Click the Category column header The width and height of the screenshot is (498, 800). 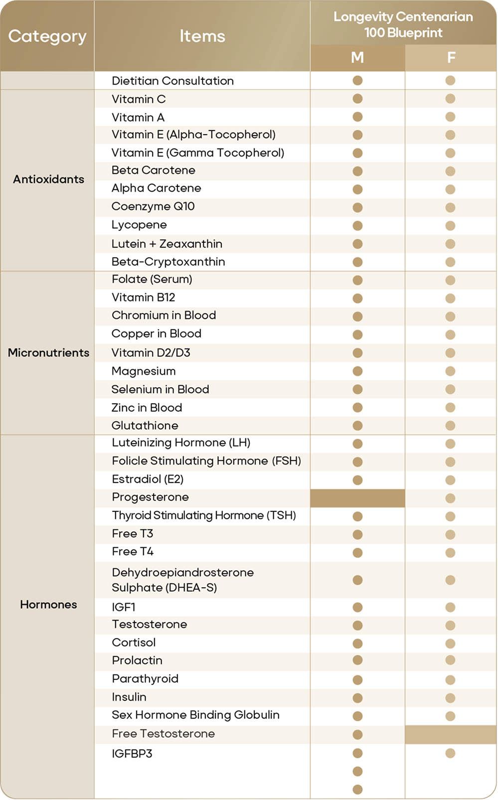47,36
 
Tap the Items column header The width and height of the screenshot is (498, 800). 202,36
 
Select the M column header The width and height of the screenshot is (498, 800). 357,58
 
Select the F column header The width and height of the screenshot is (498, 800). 451,58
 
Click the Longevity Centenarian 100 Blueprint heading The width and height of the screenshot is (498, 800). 403,24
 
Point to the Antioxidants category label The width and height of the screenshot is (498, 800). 48,179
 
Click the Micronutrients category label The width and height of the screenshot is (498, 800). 48,353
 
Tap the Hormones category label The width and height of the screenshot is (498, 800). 48,605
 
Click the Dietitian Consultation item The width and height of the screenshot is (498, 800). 172,81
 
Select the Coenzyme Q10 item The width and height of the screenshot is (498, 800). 153,206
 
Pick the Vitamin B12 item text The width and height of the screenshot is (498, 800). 144,298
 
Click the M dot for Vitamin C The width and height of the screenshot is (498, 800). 357,99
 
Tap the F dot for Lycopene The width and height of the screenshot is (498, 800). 451,226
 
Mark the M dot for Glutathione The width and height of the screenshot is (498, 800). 357,426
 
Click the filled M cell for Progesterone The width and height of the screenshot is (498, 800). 357,498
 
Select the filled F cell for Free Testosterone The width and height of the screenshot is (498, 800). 451,735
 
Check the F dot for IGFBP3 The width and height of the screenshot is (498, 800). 451,753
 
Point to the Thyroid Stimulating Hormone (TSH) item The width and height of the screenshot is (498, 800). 204,515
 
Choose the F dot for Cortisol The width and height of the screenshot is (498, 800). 451,643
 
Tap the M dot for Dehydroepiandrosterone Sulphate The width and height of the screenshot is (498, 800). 357,580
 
